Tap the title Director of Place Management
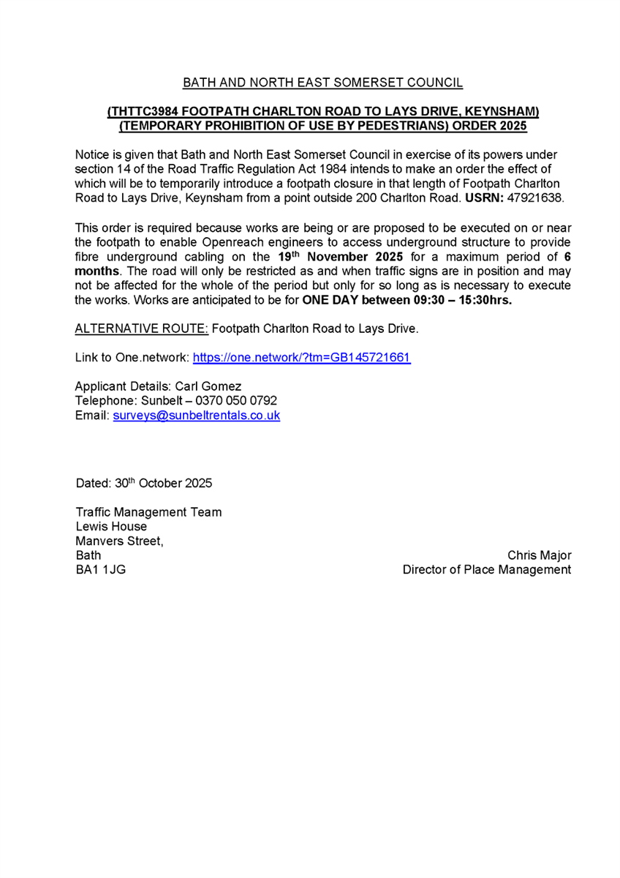tap(487, 570)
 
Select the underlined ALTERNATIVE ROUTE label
tap(142, 329)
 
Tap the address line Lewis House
tap(111, 526)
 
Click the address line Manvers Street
tap(121, 541)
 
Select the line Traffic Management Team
tap(148, 512)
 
